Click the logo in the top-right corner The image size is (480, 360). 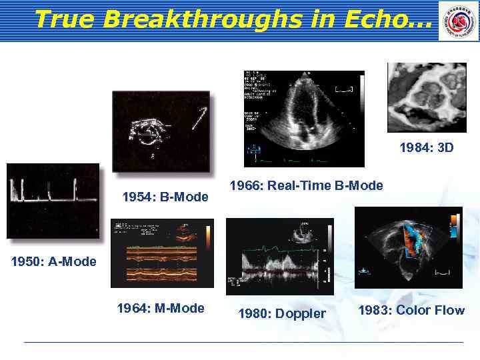point(458,21)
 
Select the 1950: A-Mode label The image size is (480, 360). point(54,261)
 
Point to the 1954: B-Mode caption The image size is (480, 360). point(165,197)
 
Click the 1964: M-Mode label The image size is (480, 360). point(161,308)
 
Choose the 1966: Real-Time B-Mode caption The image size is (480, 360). point(306,185)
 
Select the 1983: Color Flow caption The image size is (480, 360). point(411,310)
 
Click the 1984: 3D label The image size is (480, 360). point(427,147)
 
